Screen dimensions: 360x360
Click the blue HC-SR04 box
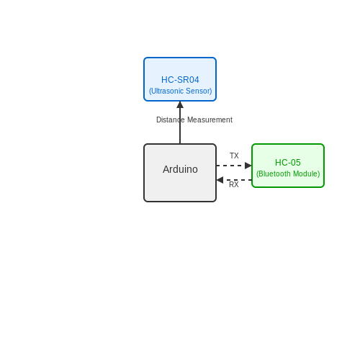click(180, 79)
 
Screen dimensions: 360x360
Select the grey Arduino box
click(180, 173)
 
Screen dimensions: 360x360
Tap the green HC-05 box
click(288, 166)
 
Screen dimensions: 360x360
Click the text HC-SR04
click(180, 80)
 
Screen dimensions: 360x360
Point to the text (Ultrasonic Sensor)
click(181, 91)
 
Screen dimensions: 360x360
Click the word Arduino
click(180, 169)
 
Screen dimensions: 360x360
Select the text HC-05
click(288, 163)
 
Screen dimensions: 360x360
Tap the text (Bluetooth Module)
click(288, 174)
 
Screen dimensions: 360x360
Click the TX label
click(234, 156)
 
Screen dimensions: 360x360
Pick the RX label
click(234, 184)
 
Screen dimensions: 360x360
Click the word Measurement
click(210, 120)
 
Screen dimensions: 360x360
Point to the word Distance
click(171, 120)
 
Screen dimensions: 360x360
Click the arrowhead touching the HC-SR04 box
click(180, 104)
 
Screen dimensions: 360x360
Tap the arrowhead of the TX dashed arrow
click(248, 166)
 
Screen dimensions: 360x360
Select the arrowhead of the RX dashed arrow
click(220, 180)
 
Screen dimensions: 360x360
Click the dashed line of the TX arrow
click(230, 166)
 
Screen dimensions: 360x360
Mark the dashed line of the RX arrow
click(238, 180)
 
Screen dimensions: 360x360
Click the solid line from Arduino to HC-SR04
click(180, 126)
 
